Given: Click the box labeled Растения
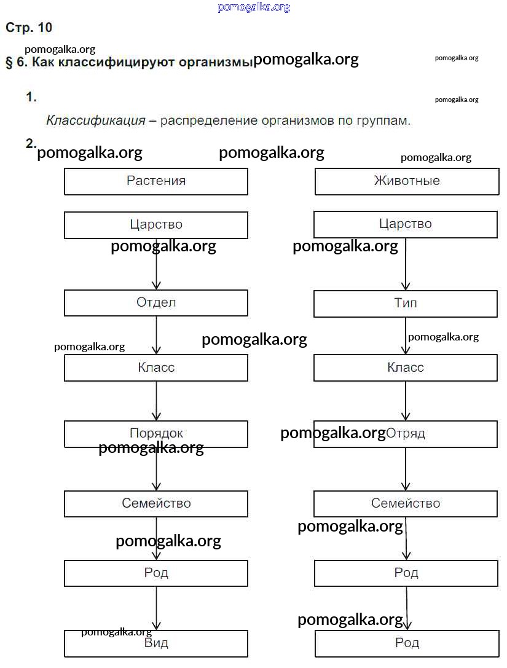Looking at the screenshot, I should tap(156, 181).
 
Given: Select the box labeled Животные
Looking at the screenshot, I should tap(406, 181).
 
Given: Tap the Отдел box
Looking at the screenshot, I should tap(156, 303).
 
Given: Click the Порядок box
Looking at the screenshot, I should tap(156, 434).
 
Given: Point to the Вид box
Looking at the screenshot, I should tap(156, 643).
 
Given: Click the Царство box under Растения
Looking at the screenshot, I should tap(156, 225).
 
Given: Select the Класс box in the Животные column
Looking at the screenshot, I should tap(406, 368).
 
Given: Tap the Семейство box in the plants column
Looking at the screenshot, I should tap(156, 504).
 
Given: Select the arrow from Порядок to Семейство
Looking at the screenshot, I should tap(156, 470).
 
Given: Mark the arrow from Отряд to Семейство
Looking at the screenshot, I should tap(406, 470).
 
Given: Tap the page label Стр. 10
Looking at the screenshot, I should tap(29, 28).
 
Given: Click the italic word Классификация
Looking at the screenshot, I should tap(96, 120).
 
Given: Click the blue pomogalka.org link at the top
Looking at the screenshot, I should tap(253, 7).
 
